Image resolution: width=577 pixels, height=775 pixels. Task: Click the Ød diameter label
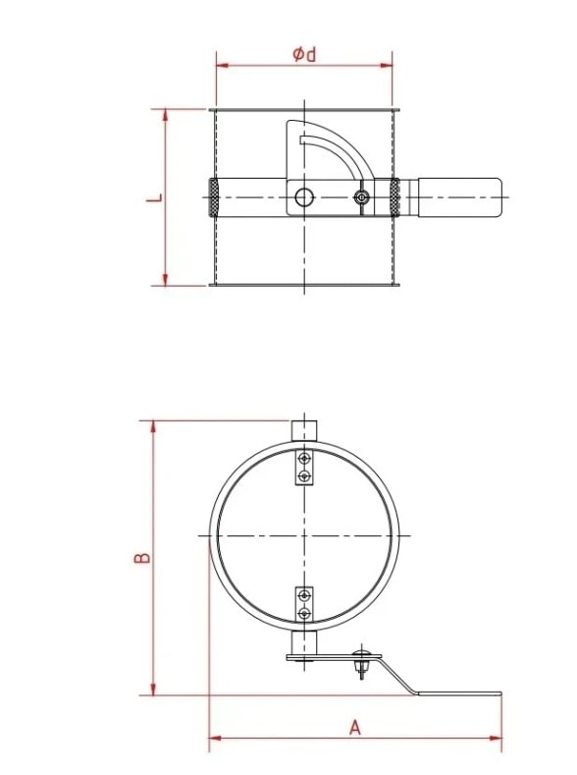[305, 55]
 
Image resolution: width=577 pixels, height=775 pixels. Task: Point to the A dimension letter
[355, 727]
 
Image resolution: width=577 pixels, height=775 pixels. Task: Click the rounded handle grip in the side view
[461, 197]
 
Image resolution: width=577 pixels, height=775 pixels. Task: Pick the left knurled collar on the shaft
[213, 198]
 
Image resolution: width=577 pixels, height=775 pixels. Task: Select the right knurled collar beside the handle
[394, 198]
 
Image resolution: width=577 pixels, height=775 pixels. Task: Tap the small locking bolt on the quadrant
[362, 198]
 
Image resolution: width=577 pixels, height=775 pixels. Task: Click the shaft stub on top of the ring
[305, 430]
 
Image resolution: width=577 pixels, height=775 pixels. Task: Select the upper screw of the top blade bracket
[305, 459]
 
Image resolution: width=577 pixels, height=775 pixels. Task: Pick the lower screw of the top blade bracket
[305, 476]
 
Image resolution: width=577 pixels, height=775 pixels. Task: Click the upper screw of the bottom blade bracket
[305, 595]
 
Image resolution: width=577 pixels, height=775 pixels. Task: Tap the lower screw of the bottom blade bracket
[305, 613]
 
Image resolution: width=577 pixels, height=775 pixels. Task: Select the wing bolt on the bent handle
[364, 660]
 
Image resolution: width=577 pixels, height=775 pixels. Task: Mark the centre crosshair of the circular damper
[305, 535]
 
